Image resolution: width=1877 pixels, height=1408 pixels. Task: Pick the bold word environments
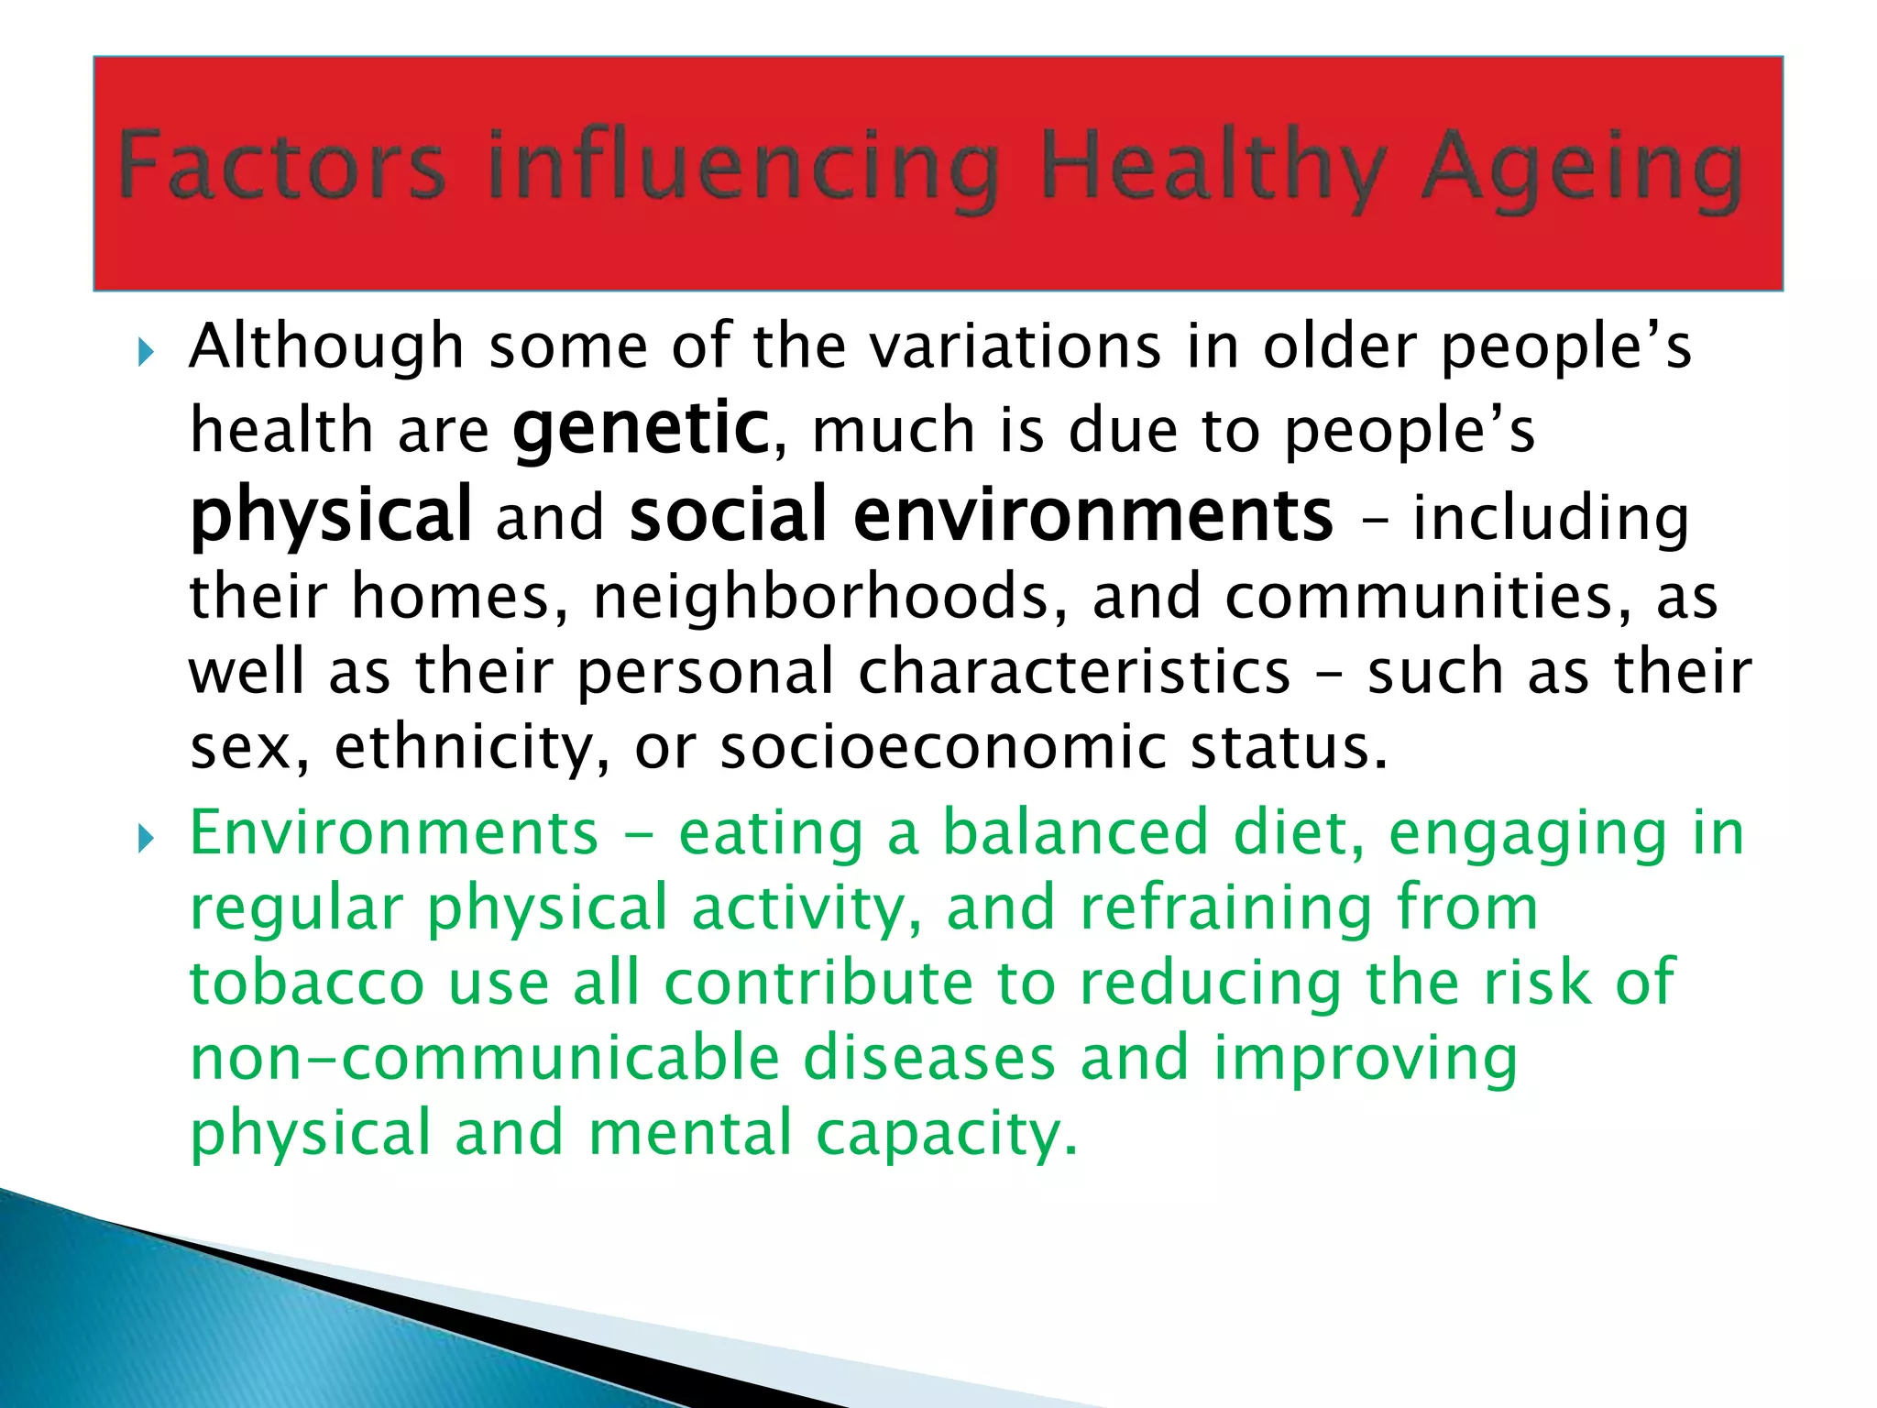pyautogui.click(x=1092, y=515)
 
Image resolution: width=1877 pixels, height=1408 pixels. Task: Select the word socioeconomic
pyautogui.click(x=943, y=748)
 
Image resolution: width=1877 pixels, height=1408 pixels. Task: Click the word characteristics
pyautogui.click(x=1073, y=672)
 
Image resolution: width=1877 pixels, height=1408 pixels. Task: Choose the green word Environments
pyautogui.click(x=394, y=833)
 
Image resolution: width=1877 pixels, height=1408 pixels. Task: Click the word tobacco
pyautogui.click(x=306, y=983)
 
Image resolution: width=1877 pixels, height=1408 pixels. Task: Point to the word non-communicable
pyautogui.click(x=484, y=1058)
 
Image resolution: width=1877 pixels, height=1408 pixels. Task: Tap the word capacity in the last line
pyautogui.click(x=946, y=1134)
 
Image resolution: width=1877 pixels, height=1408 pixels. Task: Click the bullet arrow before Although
pyautogui.click(x=146, y=351)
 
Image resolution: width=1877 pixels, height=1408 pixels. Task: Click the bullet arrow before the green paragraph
pyautogui.click(x=146, y=838)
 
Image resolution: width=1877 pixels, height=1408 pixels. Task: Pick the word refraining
pyautogui.click(x=1225, y=907)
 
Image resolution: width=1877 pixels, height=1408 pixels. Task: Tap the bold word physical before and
pyautogui.click(x=331, y=515)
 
